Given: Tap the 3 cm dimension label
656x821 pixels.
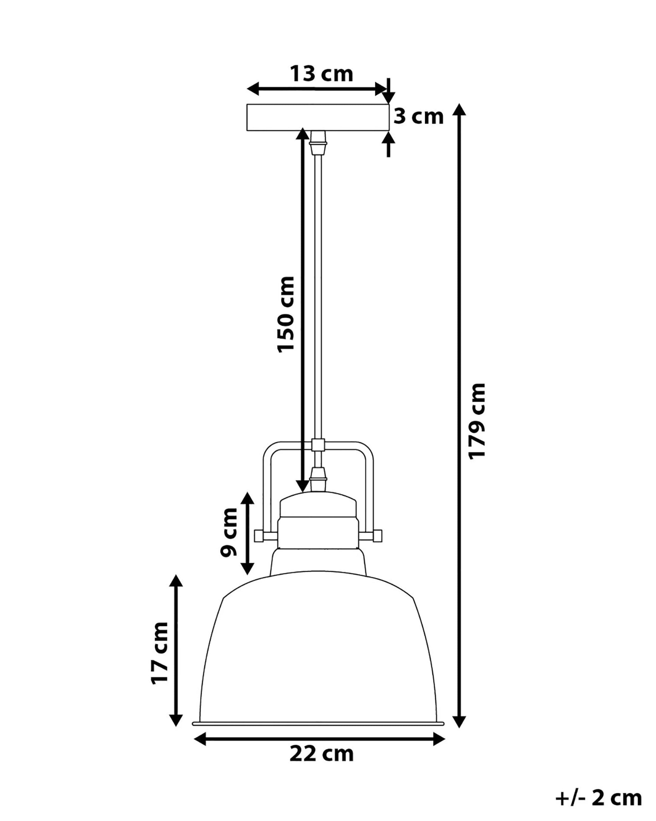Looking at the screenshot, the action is pyautogui.click(x=419, y=116).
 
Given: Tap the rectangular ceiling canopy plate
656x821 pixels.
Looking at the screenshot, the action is pyautogui.click(x=318, y=117).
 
